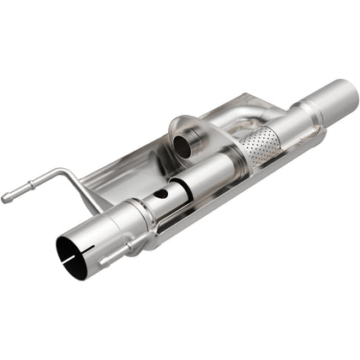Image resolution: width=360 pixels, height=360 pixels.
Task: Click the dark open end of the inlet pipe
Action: click(72, 250)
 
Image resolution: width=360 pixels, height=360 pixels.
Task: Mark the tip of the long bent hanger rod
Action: click(7, 198)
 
